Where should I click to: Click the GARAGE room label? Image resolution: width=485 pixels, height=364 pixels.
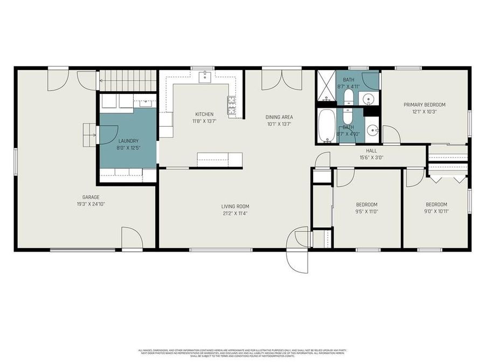pyautogui.click(x=91, y=197)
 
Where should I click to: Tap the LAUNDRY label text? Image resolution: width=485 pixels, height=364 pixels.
pyautogui.click(x=128, y=141)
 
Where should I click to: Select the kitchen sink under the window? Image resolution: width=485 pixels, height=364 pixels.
pyautogui.click(x=205, y=77)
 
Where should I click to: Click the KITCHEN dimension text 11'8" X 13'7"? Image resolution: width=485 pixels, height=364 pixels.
pyautogui.click(x=204, y=121)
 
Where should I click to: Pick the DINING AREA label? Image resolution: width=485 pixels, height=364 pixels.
pyautogui.click(x=279, y=117)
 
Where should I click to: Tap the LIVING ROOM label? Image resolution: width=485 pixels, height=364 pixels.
pyautogui.click(x=235, y=206)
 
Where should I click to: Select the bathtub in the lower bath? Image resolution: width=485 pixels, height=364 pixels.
pyautogui.click(x=327, y=126)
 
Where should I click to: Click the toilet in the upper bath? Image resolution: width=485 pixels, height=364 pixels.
pyautogui.click(x=348, y=98)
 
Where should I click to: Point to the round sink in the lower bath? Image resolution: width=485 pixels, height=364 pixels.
pyautogui.click(x=372, y=130)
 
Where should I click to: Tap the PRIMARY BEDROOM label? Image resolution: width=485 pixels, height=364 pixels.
pyautogui.click(x=425, y=105)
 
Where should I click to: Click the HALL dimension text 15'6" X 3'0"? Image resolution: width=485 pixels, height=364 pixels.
pyautogui.click(x=371, y=158)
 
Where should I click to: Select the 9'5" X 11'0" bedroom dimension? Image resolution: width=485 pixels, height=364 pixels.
pyautogui.click(x=366, y=211)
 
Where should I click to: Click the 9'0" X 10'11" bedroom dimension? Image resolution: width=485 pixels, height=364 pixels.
pyautogui.click(x=436, y=211)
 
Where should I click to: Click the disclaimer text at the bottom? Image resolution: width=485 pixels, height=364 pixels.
pyautogui.click(x=242, y=353)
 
